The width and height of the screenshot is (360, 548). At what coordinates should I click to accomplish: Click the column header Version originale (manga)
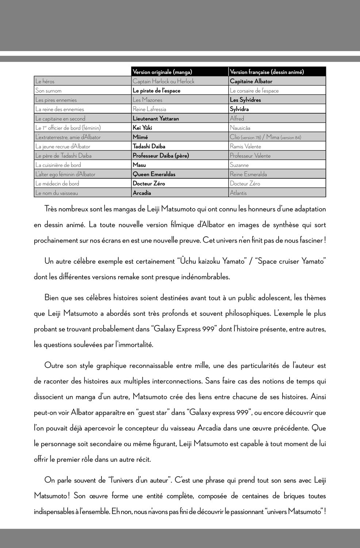coord(162,72)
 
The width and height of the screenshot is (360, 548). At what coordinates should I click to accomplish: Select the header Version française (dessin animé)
coord(267,72)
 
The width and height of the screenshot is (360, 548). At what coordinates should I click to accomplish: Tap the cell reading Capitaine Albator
coord(251,81)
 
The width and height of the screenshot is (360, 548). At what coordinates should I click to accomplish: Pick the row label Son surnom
coord(48,91)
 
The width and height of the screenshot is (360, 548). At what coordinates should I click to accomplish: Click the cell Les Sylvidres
coord(245,100)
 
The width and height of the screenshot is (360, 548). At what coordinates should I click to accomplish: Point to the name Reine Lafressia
coord(149,109)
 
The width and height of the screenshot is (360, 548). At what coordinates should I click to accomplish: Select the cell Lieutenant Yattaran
coord(156,118)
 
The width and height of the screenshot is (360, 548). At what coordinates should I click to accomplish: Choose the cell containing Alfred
coord(237,118)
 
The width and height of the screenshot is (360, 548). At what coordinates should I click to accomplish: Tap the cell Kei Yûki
coord(142,128)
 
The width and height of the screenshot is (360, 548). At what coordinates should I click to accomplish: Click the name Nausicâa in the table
coord(240,128)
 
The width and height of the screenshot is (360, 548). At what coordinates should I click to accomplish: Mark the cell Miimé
coord(140,137)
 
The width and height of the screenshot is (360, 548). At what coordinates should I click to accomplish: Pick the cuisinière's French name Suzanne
coord(239,165)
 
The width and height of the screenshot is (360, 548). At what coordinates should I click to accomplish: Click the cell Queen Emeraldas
coord(154,174)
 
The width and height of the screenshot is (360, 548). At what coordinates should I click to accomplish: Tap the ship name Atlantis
coord(238,193)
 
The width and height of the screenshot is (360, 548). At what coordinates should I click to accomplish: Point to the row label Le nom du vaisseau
coord(57,193)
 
